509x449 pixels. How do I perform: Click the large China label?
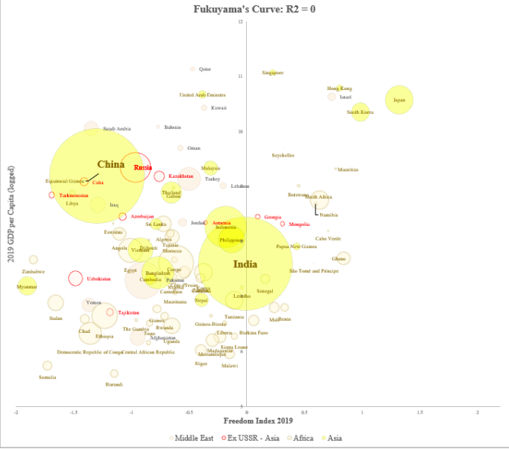click(111, 164)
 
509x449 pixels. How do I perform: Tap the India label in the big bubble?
click(245, 264)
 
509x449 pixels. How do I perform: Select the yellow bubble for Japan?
click(400, 99)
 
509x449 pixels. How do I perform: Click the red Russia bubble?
click(136, 167)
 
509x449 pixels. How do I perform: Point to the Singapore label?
click(273, 73)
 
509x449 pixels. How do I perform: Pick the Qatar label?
click(205, 69)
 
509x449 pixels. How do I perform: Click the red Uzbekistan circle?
click(76, 278)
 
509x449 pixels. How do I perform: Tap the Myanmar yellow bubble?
click(28, 286)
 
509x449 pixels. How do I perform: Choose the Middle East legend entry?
click(192, 438)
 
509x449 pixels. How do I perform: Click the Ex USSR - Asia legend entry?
click(248, 438)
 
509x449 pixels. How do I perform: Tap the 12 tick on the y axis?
click(241, 21)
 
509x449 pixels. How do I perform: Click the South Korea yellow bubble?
click(360, 112)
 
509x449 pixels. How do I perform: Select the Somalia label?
click(47, 377)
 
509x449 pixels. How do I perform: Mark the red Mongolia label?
click(300, 224)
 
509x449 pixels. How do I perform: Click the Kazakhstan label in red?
click(181, 176)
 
